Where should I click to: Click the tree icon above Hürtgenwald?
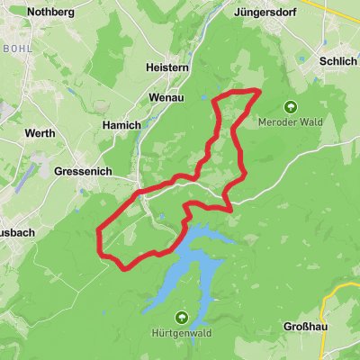click(182, 317)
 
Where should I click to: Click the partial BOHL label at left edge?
click(15, 46)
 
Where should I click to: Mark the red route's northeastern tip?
click(259, 91)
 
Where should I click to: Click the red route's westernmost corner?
click(97, 236)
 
